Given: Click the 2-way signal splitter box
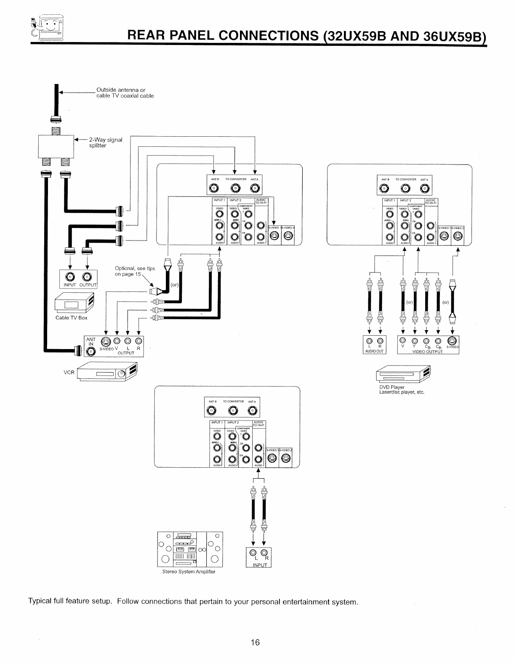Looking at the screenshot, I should pyautogui.click(x=56, y=146).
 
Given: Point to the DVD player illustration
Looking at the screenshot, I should pyautogui.click(x=403, y=374).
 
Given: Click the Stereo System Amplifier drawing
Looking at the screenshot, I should pyautogui.click(x=189, y=549).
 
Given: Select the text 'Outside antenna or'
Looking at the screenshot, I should pyautogui.click(x=121, y=90).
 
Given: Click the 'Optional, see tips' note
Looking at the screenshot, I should pyautogui.click(x=135, y=269).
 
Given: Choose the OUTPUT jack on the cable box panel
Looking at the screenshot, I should pyautogui.click(x=87, y=277).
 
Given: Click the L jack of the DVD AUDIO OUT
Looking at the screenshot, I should pyautogui.click(x=369, y=341).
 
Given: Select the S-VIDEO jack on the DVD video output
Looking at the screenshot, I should pyautogui.click(x=452, y=341).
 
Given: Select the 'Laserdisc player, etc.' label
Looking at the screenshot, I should pyautogui.click(x=402, y=392).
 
